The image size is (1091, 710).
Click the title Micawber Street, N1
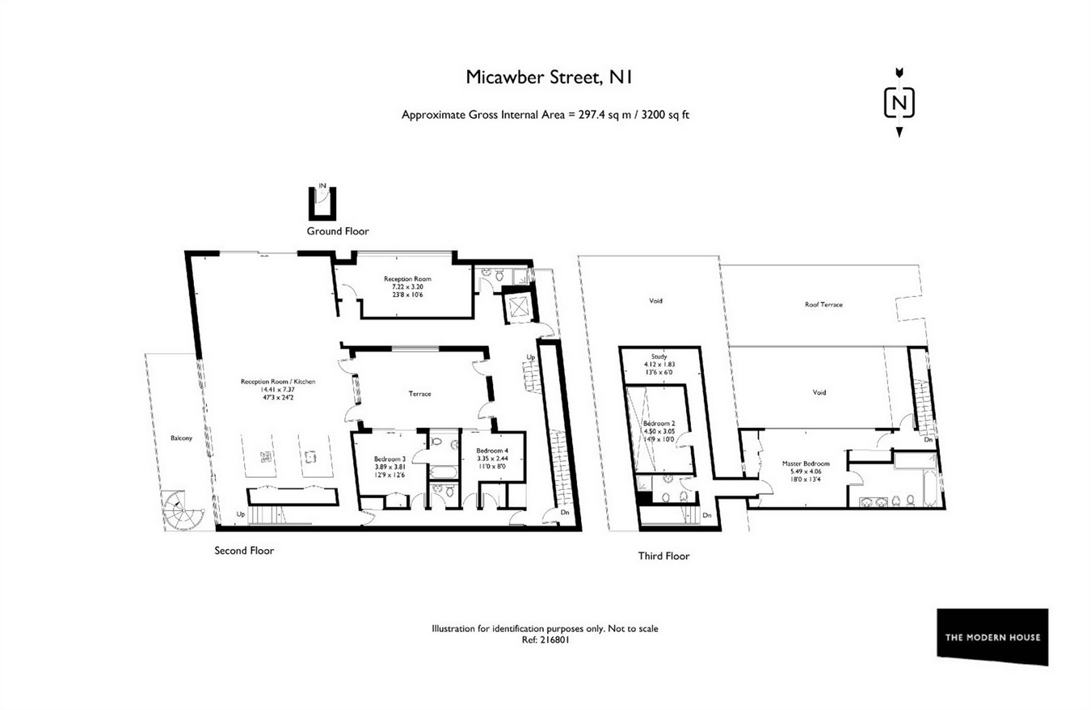tap(549, 78)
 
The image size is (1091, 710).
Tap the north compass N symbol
tap(899, 103)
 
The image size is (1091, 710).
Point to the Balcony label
tap(181, 438)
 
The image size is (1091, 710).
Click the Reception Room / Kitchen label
tap(278, 382)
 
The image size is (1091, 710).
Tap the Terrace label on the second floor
tap(420, 394)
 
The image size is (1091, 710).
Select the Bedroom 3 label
tap(390, 459)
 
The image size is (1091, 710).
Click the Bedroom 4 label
tap(492, 450)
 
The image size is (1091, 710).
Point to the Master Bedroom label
tap(806, 463)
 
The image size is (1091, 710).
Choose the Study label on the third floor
tap(659, 357)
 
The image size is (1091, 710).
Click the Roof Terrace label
tap(824, 305)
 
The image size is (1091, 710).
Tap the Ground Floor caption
tap(338, 231)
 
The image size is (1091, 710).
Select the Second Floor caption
tap(244, 551)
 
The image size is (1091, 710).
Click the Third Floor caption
tap(663, 556)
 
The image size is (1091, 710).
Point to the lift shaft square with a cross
tap(516, 307)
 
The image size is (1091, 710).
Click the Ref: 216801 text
tap(545, 640)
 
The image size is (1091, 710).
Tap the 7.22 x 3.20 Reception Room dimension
tap(407, 287)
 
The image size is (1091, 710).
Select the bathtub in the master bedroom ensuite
tap(929, 488)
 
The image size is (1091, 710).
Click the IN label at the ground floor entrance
tap(322, 186)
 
